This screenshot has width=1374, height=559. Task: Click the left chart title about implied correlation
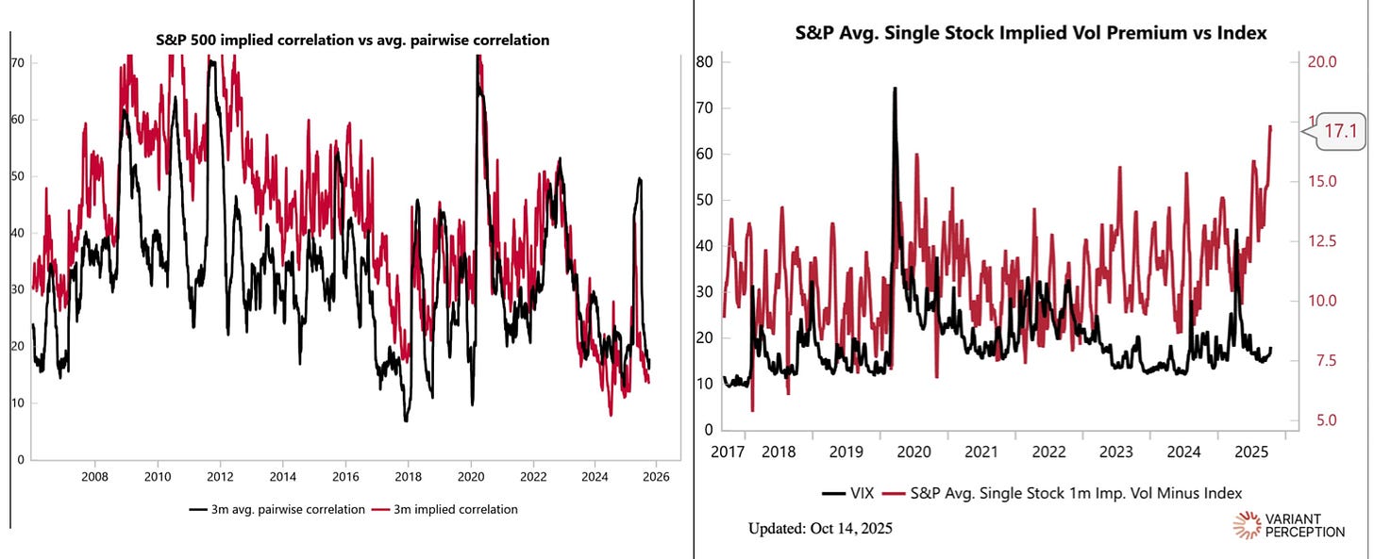352,41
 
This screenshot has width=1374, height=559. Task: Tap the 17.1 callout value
1340,132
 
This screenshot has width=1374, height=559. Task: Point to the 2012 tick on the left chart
220,477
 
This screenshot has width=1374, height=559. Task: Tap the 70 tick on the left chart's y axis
17,62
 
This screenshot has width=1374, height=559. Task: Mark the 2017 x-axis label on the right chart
727,452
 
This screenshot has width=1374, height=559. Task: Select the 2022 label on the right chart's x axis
1049,452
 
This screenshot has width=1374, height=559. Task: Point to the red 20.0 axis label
1321,62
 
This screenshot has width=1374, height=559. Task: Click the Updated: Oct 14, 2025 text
819,529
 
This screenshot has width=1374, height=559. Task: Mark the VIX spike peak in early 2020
894,88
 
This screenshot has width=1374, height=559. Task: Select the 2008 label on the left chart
94,477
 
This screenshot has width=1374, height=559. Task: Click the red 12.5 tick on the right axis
1321,241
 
